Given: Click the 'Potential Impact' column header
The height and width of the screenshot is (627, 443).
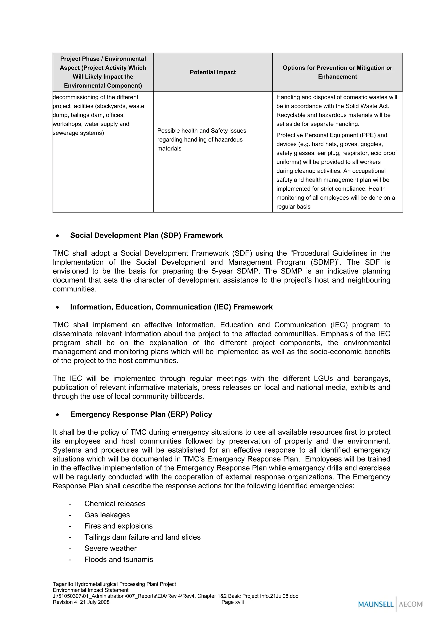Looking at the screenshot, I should tap(213, 72).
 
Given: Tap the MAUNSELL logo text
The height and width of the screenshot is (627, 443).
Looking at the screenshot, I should tap(376, 604).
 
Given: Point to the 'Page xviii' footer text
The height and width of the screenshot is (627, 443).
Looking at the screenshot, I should tap(232, 602).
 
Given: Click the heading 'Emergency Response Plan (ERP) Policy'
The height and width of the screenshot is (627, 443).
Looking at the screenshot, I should tap(141, 414).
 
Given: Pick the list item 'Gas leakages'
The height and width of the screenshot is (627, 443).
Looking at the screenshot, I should tap(107, 515).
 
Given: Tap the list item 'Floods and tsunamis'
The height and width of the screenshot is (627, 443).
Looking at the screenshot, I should tap(119, 559).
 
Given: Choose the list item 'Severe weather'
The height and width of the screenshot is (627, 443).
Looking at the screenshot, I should tap(110, 548).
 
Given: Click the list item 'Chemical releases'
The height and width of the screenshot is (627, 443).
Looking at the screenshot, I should tap(115, 503).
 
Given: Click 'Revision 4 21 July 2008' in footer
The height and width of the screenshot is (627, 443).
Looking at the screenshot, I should tap(81, 602).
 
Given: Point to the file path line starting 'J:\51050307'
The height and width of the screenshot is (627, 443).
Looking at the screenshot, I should tap(175, 596).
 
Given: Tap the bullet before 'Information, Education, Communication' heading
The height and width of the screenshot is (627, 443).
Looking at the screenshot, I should tap(57, 307).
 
